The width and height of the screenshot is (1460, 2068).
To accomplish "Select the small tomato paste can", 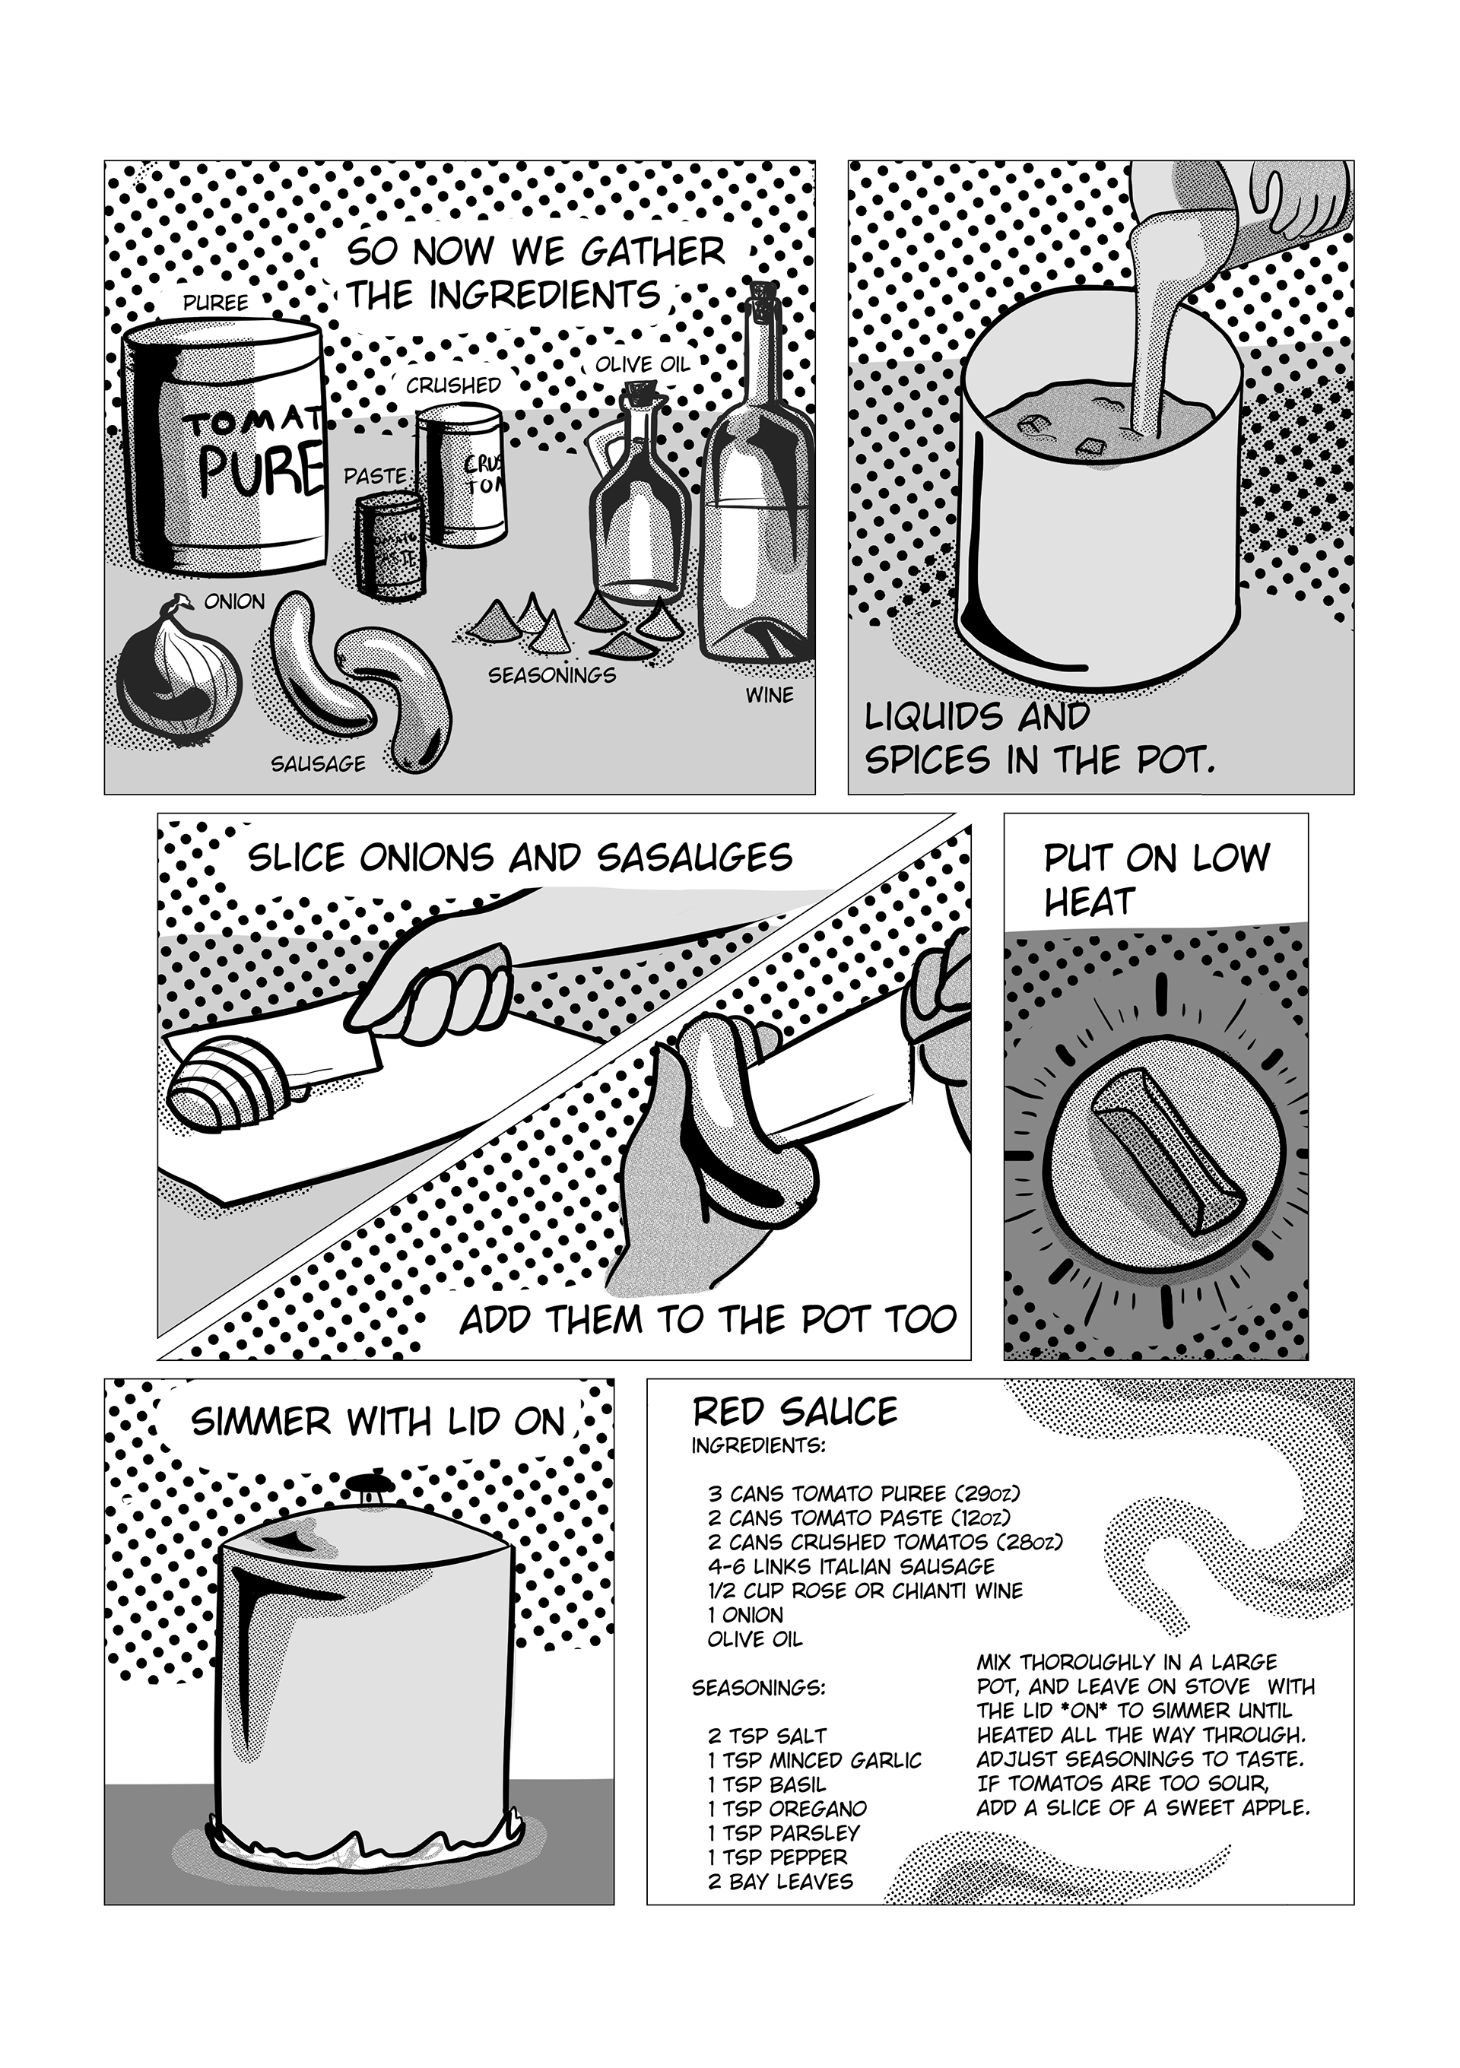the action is pos(389,544).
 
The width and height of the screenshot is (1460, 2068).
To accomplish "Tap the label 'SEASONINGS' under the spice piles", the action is pos(552,674).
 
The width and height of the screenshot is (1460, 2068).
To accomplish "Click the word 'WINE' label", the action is pos(770,696).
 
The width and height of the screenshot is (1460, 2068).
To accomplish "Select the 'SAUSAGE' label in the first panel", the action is pos(319,764).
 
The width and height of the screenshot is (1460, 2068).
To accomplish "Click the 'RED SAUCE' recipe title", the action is pos(795,1411).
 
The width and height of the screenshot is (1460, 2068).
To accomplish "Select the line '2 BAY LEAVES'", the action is pos(780,1882).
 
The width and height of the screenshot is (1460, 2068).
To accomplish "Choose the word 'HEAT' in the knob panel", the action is pos(1088,901).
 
